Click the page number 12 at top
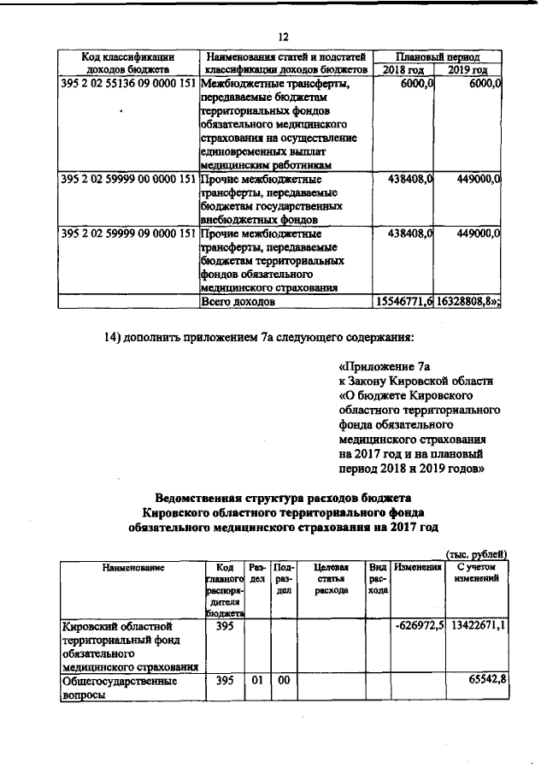coord(284,37)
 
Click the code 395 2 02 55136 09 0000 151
coord(129,85)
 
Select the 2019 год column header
coord(468,68)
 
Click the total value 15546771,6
coord(404,302)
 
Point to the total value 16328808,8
coord(467,302)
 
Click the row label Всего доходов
coord(238,302)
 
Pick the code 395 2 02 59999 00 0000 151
coord(129,180)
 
